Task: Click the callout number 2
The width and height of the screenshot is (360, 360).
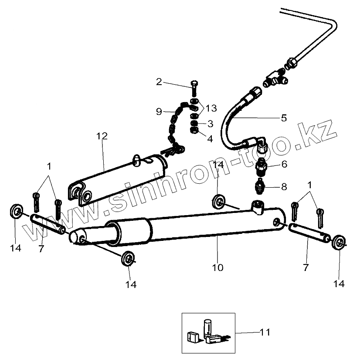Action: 159,82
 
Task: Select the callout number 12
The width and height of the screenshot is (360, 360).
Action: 102,136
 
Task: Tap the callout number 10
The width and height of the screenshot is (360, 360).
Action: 217,267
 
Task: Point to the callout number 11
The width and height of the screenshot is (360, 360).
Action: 265,333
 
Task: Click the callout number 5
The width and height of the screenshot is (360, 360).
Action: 284,117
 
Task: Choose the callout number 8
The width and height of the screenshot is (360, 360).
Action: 284,187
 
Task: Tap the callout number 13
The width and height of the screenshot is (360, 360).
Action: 211,108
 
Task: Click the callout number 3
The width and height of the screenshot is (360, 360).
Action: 210,123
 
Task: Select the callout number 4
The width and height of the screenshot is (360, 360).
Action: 210,139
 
